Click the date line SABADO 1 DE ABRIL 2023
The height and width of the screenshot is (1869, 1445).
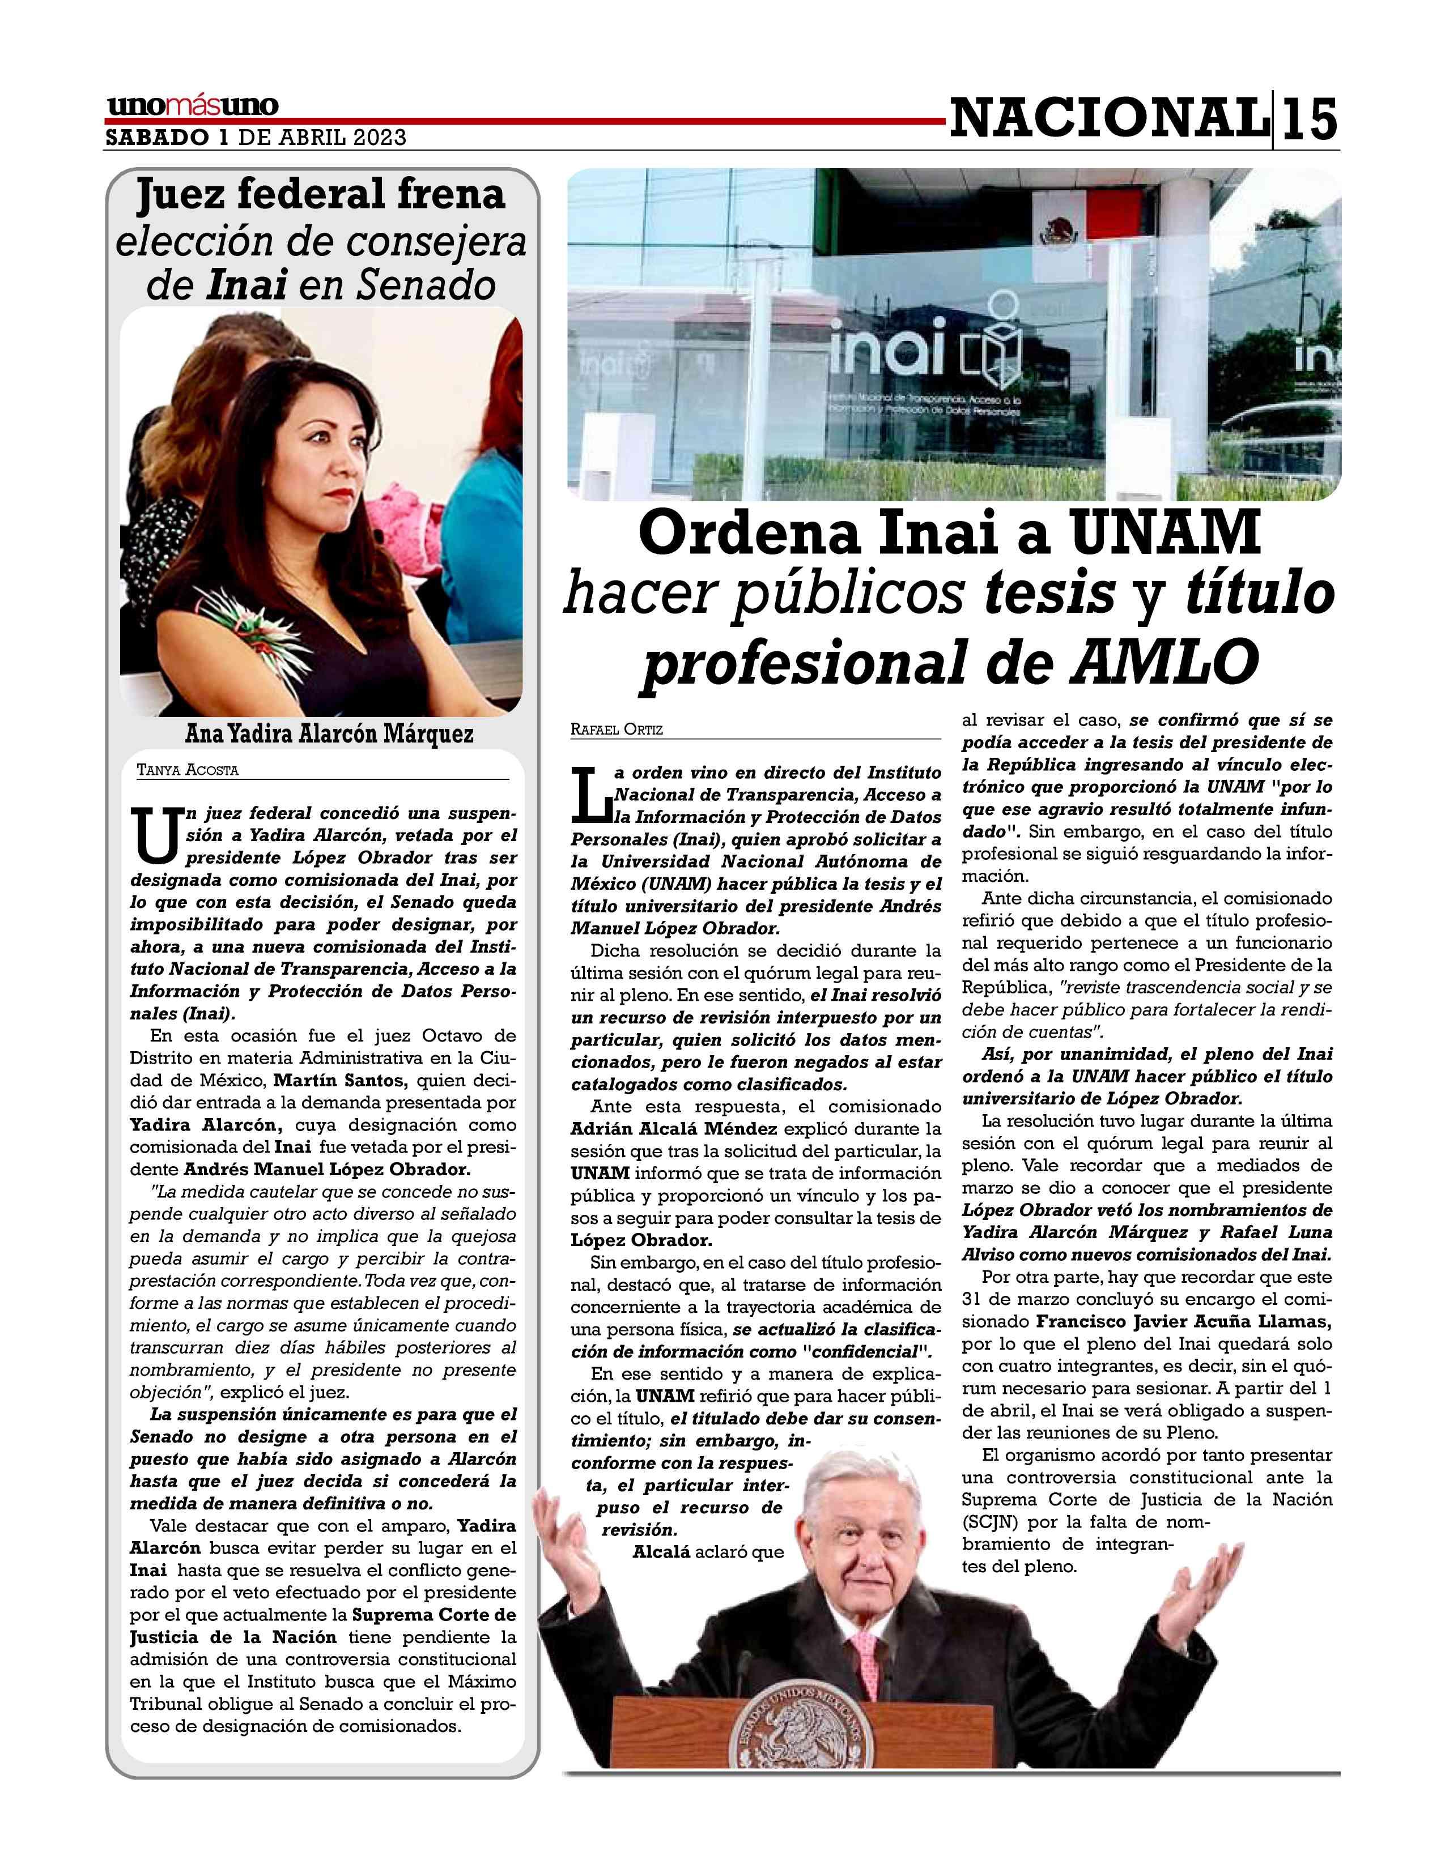point(255,138)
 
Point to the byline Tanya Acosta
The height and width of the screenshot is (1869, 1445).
point(188,770)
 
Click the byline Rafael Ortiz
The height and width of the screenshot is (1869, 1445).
point(617,730)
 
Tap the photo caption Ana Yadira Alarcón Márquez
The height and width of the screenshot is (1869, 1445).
point(329,734)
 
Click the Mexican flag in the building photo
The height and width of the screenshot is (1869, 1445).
point(1059,221)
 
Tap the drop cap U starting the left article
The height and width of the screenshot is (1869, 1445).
point(154,835)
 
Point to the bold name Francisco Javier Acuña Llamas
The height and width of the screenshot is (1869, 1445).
point(1184,1321)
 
